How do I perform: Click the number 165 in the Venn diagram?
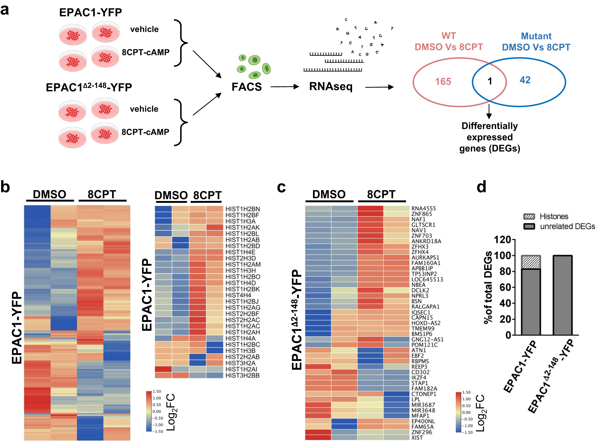pos(443,82)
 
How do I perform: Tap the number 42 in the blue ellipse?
pos(525,80)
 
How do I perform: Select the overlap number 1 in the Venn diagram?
pos(490,81)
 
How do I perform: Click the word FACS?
pos(247,87)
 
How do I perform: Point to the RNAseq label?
pos(331,87)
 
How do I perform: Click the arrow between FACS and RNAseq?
pos(284,87)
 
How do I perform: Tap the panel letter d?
pos(481,187)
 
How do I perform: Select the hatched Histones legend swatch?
pos(529,216)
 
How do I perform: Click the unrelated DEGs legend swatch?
pos(529,226)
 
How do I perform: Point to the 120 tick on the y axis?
pos(502,240)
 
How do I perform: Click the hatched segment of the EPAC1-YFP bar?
pos(531,262)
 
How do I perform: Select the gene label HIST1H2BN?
pos(243,209)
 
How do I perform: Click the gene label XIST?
pos(417,437)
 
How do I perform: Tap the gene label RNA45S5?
pos(423,209)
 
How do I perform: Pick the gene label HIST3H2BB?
pos(242,375)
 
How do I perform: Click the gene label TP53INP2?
pos(424,274)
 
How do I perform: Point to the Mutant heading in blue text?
pos(536,36)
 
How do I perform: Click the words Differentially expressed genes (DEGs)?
pos(489,137)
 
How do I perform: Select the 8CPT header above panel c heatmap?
pos(381,194)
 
